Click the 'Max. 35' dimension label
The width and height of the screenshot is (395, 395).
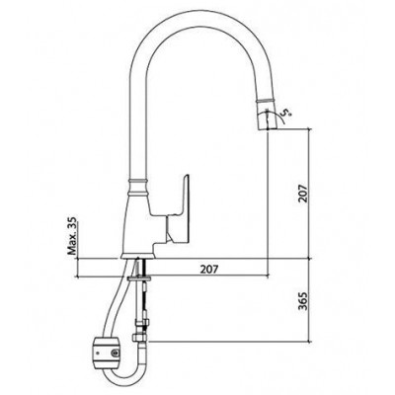pyautogui.click(x=72, y=236)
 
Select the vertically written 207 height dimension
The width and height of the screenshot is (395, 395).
pyautogui.click(x=302, y=194)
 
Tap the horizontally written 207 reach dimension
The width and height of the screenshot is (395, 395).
pyautogui.click(x=209, y=270)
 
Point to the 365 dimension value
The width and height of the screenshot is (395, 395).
pyautogui.click(x=302, y=301)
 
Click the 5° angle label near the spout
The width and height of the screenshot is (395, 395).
pyautogui.click(x=286, y=116)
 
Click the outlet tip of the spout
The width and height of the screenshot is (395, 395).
pyautogui.click(x=266, y=128)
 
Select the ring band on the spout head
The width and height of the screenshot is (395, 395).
pyautogui.click(x=265, y=100)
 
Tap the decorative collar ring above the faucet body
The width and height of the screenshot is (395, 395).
pyautogui.click(x=138, y=181)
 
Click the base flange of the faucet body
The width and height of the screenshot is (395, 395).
pyautogui.click(x=138, y=256)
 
